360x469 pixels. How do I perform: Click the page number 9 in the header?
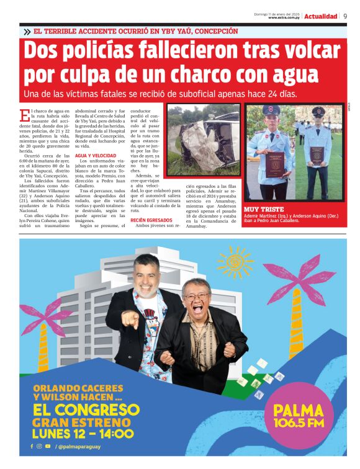(x=344, y=16)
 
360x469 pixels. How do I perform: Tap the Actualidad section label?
(x=320, y=16)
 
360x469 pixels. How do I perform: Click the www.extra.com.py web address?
(x=285, y=18)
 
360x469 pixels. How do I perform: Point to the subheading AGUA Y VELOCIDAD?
(x=93, y=156)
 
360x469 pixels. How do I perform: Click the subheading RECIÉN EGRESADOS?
(x=151, y=220)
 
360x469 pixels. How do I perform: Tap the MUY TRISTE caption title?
(x=264, y=210)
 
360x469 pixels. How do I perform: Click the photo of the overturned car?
(x=203, y=132)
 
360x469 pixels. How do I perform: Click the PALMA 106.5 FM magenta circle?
(x=300, y=415)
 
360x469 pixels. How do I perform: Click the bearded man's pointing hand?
(x=130, y=319)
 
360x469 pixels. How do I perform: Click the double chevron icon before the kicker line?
(x=27, y=32)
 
